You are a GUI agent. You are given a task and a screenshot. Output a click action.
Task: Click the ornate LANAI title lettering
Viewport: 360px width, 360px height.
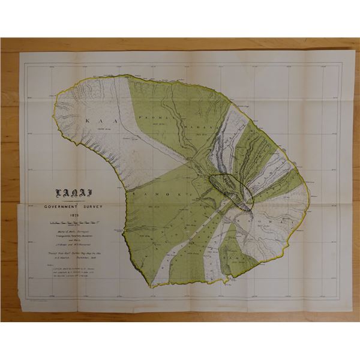[70, 193]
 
